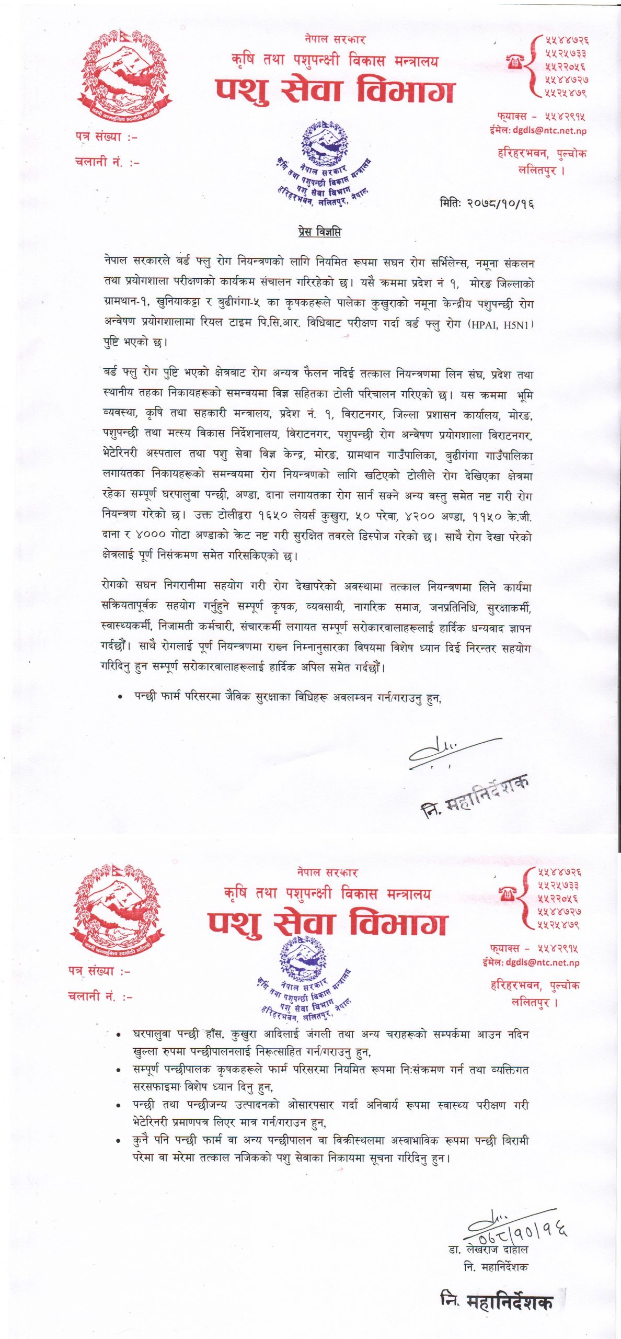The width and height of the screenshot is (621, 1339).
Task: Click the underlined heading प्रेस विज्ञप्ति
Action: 320,232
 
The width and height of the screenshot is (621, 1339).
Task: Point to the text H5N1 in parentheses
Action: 518,324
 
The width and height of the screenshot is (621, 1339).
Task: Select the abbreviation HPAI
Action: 486,324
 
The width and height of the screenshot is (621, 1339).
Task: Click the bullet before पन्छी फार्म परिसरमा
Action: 121,697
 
